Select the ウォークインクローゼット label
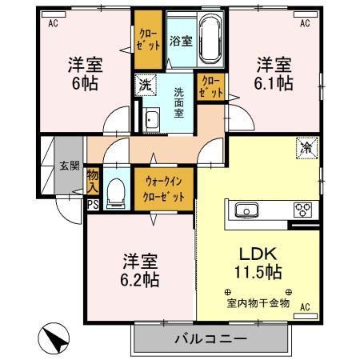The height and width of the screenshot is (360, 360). [x=165, y=190]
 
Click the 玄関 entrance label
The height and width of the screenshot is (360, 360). [x=69, y=166]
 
